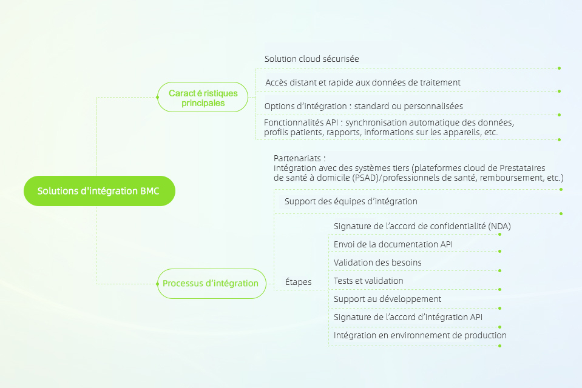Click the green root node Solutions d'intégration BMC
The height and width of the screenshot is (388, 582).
pyautogui.click(x=99, y=190)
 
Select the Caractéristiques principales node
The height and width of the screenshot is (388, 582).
pyautogui.click(x=203, y=97)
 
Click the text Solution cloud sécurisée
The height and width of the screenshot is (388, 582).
pyautogui.click(x=312, y=59)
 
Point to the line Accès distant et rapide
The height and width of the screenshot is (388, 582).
pyautogui.click(x=363, y=82)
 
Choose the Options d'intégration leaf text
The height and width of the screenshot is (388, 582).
pyautogui.click(x=364, y=107)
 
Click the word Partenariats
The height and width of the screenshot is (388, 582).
pyautogui.click(x=297, y=158)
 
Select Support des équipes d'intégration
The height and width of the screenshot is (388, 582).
pyautogui.click(x=351, y=201)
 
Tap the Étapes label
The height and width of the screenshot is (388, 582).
pyautogui.click(x=298, y=281)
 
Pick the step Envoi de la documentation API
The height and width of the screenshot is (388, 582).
pyautogui.click(x=393, y=244)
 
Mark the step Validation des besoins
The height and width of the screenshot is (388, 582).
pyautogui.click(x=377, y=263)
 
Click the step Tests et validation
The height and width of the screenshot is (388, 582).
pyautogui.click(x=368, y=281)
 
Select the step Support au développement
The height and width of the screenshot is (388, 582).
pyautogui.click(x=388, y=299)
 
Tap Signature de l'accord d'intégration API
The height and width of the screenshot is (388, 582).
pyautogui.click(x=408, y=317)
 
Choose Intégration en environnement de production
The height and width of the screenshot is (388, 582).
pyautogui.click(x=420, y=335)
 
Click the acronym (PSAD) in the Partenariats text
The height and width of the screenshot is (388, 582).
pyautogui.click(x=367, y=178)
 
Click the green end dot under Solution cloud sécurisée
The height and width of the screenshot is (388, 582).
pyautogui.click(x=560, y=69)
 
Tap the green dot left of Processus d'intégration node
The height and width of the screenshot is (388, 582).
pyautogui.click(x=157, y=284)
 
